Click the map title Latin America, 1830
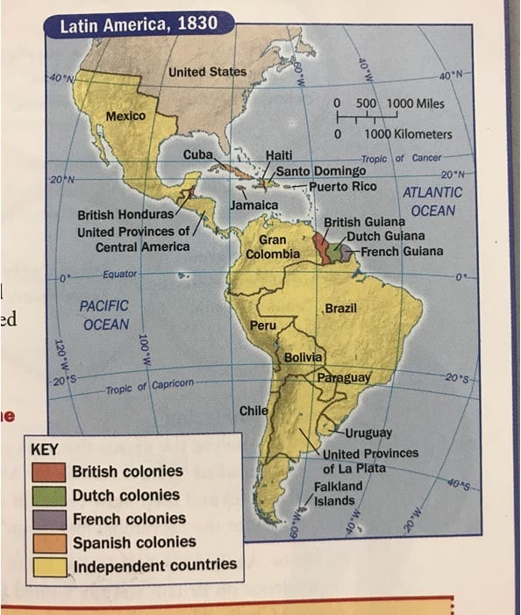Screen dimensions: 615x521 point(138,24)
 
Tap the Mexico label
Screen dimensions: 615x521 point(125,116)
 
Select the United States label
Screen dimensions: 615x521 point(208,71)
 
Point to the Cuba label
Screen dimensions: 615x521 point(198,155)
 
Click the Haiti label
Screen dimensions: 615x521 point(278,155)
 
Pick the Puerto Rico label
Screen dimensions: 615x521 point(342,186)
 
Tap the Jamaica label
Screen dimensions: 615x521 point(253,204)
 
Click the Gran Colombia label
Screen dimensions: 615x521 point(273,247)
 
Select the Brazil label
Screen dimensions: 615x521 point(340,309)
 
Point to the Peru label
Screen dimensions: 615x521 point(263,325)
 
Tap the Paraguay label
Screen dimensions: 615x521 point(345,377)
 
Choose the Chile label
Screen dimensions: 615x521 point(253,411)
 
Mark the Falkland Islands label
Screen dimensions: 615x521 point(338,493)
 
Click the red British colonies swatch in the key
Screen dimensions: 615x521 point(49,471)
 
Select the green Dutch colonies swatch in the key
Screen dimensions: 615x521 point(49,495)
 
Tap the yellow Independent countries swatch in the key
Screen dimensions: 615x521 point(49,566)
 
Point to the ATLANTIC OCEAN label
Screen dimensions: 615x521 point(432,202)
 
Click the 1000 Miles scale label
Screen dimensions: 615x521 point(415,104)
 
